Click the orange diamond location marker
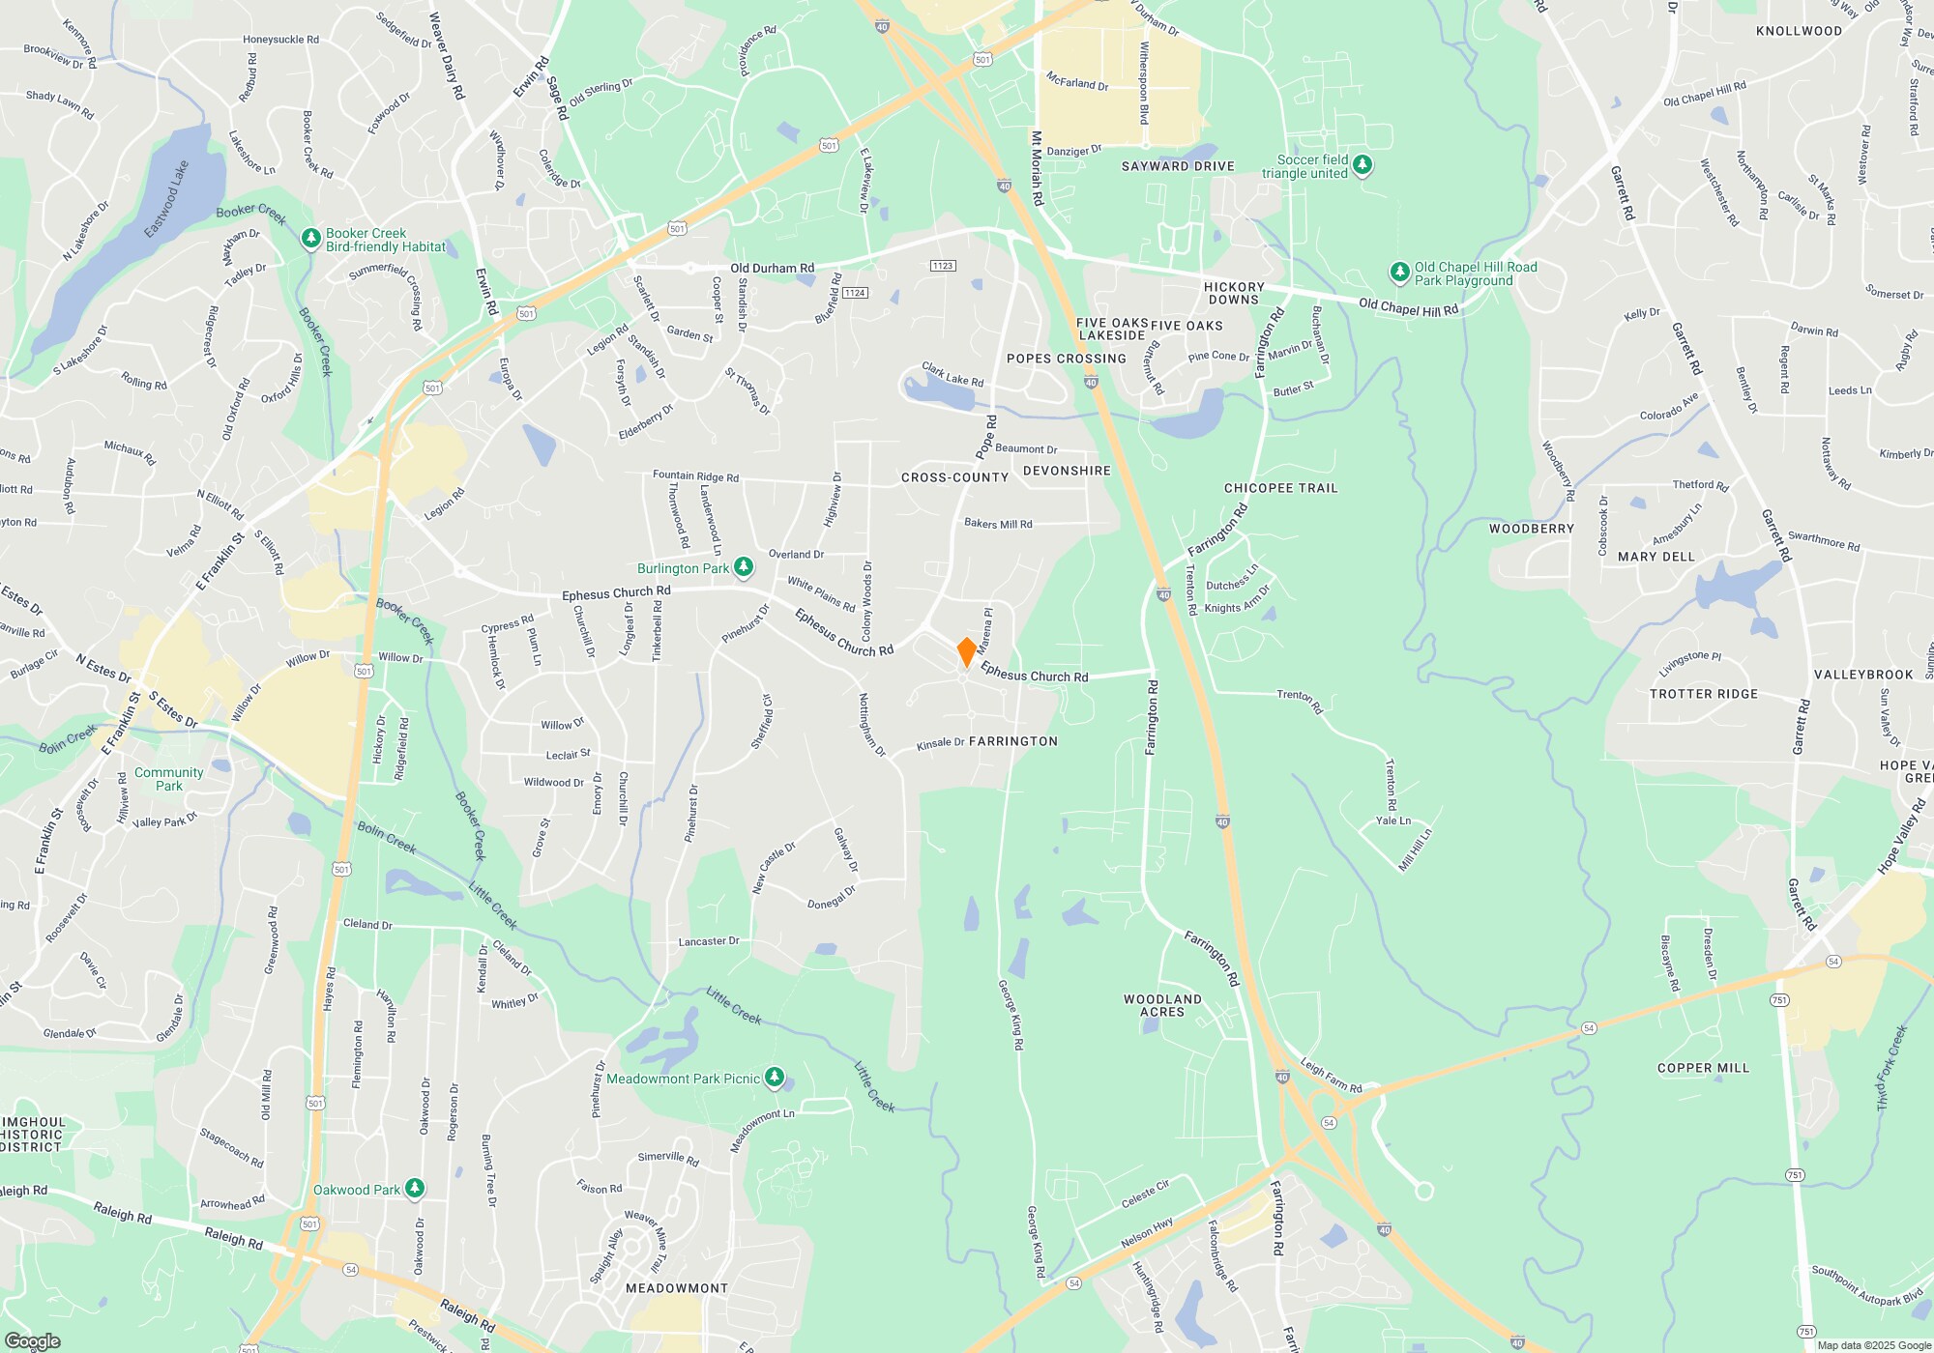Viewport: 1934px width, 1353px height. click(966, 651)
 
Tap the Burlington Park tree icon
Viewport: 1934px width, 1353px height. click(743, 567)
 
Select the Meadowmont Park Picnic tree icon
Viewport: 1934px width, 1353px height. click(774, 1078)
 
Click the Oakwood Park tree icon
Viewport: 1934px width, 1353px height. click(414, 1188)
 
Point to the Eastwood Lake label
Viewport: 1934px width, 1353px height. click(166, 199)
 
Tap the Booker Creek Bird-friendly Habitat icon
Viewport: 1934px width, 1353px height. click(310, 238)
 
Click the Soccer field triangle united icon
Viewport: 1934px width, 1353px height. click(1363, 165)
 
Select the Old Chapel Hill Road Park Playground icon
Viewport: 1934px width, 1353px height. click(1399, 273)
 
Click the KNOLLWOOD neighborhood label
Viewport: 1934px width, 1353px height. click(1799, 31)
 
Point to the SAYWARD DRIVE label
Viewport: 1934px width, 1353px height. click(1178, 166)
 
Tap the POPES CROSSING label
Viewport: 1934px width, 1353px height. click(1066, 359)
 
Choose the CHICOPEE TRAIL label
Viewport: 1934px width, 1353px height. click(1280, 488)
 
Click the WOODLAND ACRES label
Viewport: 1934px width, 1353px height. click(1162, 1005)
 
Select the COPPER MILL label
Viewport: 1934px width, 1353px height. click(1703, 1068)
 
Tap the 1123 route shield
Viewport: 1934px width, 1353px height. click(943, 266)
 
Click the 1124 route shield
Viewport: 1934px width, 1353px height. click(855, 293)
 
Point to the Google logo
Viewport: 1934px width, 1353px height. click(32, 1340)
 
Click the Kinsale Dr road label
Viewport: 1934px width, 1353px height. click(940, 743)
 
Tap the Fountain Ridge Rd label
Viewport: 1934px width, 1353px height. click(695, 475)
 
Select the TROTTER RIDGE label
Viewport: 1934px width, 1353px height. click(1703, 694)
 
